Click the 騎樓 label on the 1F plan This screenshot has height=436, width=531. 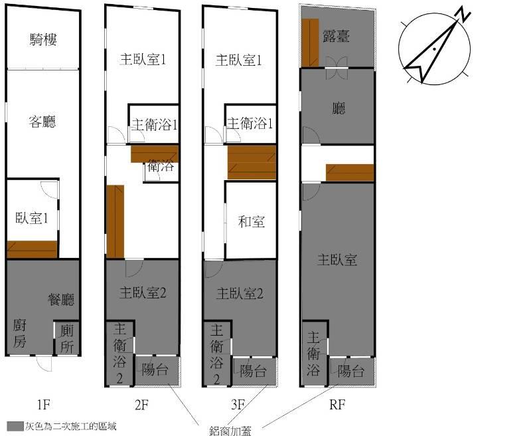[43, 40]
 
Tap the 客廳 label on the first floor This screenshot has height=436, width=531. [42, 122]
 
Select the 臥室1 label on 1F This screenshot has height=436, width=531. [32, 218]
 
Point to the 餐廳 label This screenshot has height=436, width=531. [61, 299]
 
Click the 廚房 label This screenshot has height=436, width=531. [19, 333]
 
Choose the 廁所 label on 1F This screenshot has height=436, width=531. [67, 339]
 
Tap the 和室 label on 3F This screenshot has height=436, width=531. [252, 222]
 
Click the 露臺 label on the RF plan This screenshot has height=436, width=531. [336, 36]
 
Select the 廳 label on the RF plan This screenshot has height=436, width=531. [339, 108]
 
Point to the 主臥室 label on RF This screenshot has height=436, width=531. [337, 260]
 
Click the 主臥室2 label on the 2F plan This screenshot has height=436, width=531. [143, 292]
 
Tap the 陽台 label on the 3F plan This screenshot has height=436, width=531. [253, 371]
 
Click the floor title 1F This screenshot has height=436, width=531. [44, 404]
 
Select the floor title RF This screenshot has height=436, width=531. [337, 404]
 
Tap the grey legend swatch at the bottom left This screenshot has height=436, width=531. [15, 427]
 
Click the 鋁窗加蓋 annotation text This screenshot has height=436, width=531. [230, 431]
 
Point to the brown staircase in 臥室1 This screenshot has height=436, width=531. [32, 249]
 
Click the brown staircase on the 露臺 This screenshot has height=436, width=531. [310, 43]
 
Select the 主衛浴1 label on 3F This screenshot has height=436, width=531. [250, 124]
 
